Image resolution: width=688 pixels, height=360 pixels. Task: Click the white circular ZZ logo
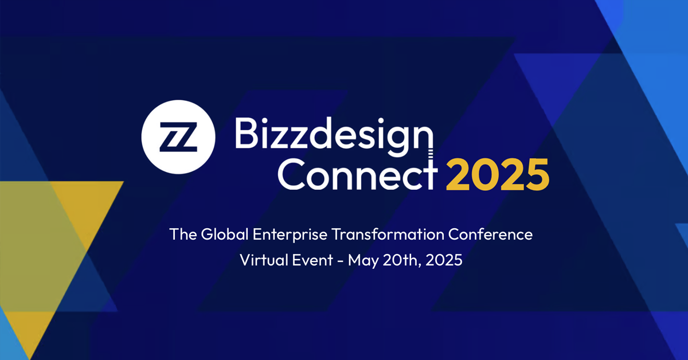[x=178, y=137]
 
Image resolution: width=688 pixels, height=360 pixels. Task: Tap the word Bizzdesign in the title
[x=334, y=138]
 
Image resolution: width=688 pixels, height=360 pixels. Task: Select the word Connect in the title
[x=358, y=174]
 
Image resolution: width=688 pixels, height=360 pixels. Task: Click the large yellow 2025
[x=498, y=175]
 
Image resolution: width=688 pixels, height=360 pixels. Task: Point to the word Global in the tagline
[x=225, y=234]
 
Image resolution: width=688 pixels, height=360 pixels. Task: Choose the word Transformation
[x=388, y=234]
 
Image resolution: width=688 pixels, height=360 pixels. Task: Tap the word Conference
[x=490, y=234]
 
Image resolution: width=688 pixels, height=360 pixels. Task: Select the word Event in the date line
[x=312, y=260]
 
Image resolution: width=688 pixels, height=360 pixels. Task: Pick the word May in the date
[x=363, y=261]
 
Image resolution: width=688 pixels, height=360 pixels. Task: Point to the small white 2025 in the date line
[x=444, y=260]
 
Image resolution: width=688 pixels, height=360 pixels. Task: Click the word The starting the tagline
[x=183, y=234]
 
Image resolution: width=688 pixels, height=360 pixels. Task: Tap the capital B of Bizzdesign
[x=247, y=134]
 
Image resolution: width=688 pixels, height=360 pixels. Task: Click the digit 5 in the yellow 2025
[x=537, y=175]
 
